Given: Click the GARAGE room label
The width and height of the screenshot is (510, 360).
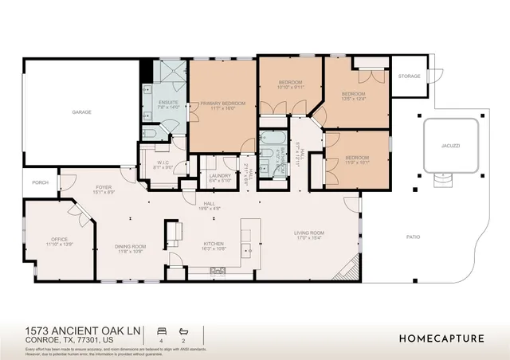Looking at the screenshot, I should click(x=81, y=112).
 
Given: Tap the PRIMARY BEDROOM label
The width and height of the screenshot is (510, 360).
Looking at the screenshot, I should click(x=222, y=104).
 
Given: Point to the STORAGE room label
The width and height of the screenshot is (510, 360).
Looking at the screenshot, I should click(x=410, y=76).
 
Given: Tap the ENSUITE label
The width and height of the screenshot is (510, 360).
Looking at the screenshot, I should click(x=168, y=102).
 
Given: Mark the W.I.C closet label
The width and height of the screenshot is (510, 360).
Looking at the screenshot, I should click(x=161, y=164).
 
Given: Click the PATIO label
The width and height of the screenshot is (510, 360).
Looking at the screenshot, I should click(x=413, y=237).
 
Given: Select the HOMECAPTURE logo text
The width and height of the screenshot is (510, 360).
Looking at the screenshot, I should click(x=441, y=338).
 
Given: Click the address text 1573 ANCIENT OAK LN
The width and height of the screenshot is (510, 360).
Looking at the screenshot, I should click(x=81, y=329).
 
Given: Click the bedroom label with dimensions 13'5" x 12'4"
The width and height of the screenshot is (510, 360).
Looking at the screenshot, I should click(x=352, y=95).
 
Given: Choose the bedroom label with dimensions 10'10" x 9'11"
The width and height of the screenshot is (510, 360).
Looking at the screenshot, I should click(x=291, y=84).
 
